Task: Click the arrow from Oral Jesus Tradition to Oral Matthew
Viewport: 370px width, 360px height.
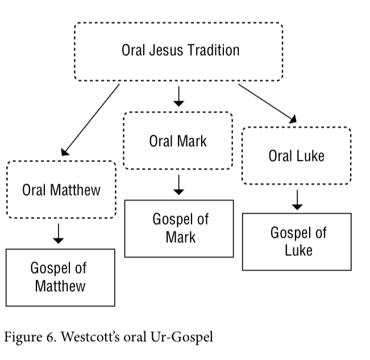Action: tap(90, 120)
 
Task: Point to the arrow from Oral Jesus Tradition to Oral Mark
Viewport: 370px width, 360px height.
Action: tap(178, 96)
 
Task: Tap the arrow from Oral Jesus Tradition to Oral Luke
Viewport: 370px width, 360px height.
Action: tap(267, 104)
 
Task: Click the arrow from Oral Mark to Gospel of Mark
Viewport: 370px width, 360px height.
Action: tap(178, 185)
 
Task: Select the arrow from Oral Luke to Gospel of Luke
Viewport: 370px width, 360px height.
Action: tap(297, 200)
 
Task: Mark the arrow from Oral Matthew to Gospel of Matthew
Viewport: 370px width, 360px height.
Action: tap(59, 234)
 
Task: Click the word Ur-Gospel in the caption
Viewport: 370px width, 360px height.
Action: tap(182, 337)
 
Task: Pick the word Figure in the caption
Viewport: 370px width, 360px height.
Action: tap(23, 338)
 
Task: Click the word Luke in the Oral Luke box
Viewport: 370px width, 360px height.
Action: tap(310, 156)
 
